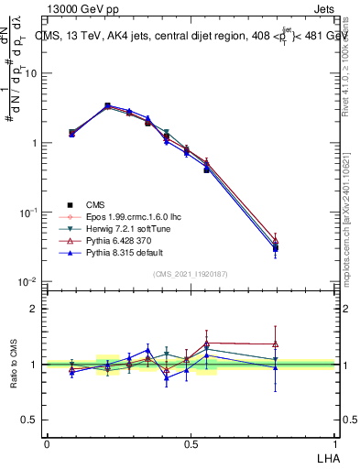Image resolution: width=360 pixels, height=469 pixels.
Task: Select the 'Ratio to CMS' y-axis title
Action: click(13, 365)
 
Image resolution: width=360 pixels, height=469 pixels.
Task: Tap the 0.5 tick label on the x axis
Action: click(191, 443)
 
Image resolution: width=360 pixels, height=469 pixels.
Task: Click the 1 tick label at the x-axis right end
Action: click(334, 443)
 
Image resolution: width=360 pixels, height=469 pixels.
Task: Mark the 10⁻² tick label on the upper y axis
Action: click(30, 282)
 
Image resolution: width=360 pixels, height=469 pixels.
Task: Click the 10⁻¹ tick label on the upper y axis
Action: click(30, 213)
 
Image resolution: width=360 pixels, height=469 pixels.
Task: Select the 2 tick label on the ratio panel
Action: click(35, 309)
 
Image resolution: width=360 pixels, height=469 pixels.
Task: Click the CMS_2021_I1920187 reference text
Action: click(190, 274)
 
